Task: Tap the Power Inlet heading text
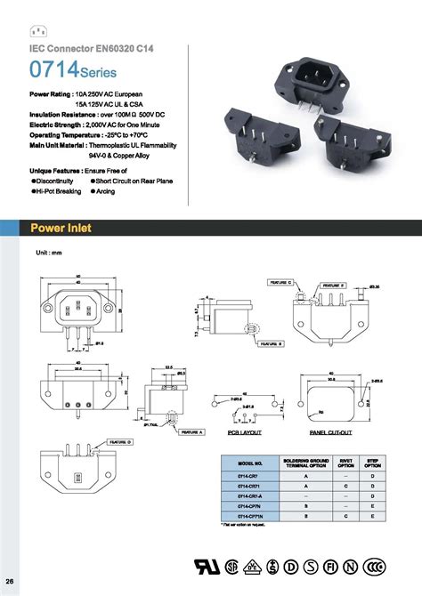(x=61, y=229)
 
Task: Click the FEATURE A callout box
(x=191, y=432)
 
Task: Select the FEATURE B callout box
(x=271, y=342)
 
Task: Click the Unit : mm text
(x=48, y=254)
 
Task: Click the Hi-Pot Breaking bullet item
(x=58, y=191)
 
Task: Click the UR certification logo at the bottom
(x=202, y=566)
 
